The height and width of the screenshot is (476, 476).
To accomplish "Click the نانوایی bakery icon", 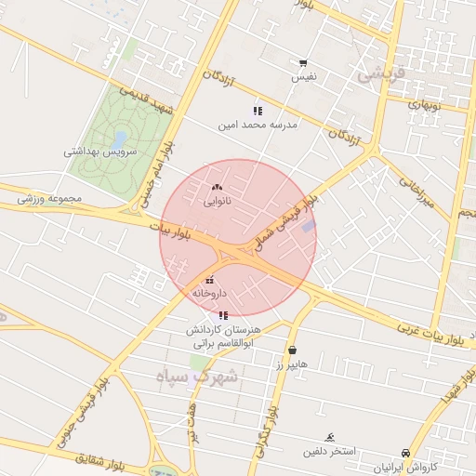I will (x=218, y=187).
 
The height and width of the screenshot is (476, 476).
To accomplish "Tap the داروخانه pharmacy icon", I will (x=209, y=280).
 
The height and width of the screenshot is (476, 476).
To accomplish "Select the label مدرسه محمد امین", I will (x=258, y=125).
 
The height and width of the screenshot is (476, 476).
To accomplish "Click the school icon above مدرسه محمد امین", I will (x=257, y=111).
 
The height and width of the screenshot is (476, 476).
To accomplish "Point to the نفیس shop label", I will (x=304, y=77).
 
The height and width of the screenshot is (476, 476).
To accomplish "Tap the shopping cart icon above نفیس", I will (x=303, y=63).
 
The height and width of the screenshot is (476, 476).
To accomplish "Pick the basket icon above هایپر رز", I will (x=293, y=350).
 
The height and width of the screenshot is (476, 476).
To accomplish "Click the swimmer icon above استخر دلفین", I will (x=329, y=437).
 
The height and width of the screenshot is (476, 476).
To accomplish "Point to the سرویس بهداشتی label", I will (x=100, y=151).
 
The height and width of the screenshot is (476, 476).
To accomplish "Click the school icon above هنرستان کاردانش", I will (x=222, y=315).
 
